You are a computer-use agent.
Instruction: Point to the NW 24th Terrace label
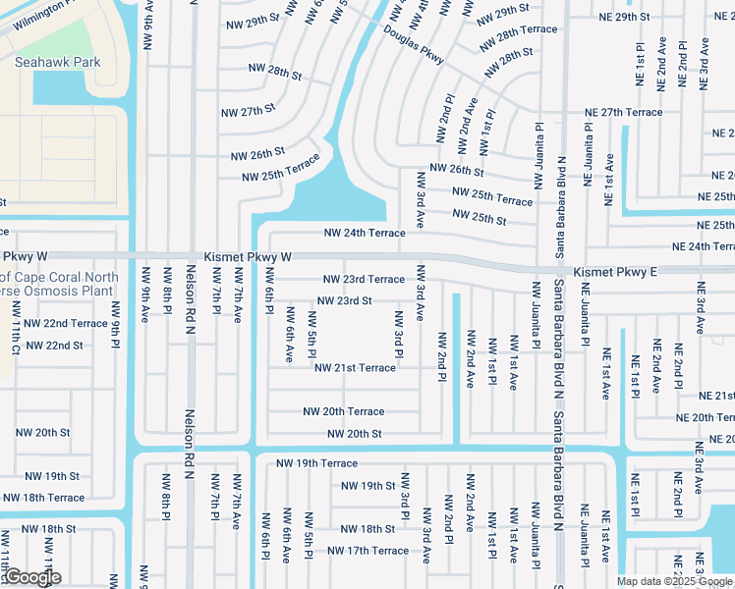pos(365,234)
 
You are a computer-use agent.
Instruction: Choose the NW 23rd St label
pos(344,301)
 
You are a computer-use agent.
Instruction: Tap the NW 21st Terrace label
pos(355,368)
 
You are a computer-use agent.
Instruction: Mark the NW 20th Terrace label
pos(343,412)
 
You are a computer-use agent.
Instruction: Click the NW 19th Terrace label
pos(316,463)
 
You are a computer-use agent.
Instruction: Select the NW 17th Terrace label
pos(367,551)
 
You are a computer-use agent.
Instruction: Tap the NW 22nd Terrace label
pos(66,323)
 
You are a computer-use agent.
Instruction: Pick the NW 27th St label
pos(249,110)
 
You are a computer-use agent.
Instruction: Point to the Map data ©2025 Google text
pos(674,581)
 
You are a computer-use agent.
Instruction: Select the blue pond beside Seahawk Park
pos(61,88)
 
